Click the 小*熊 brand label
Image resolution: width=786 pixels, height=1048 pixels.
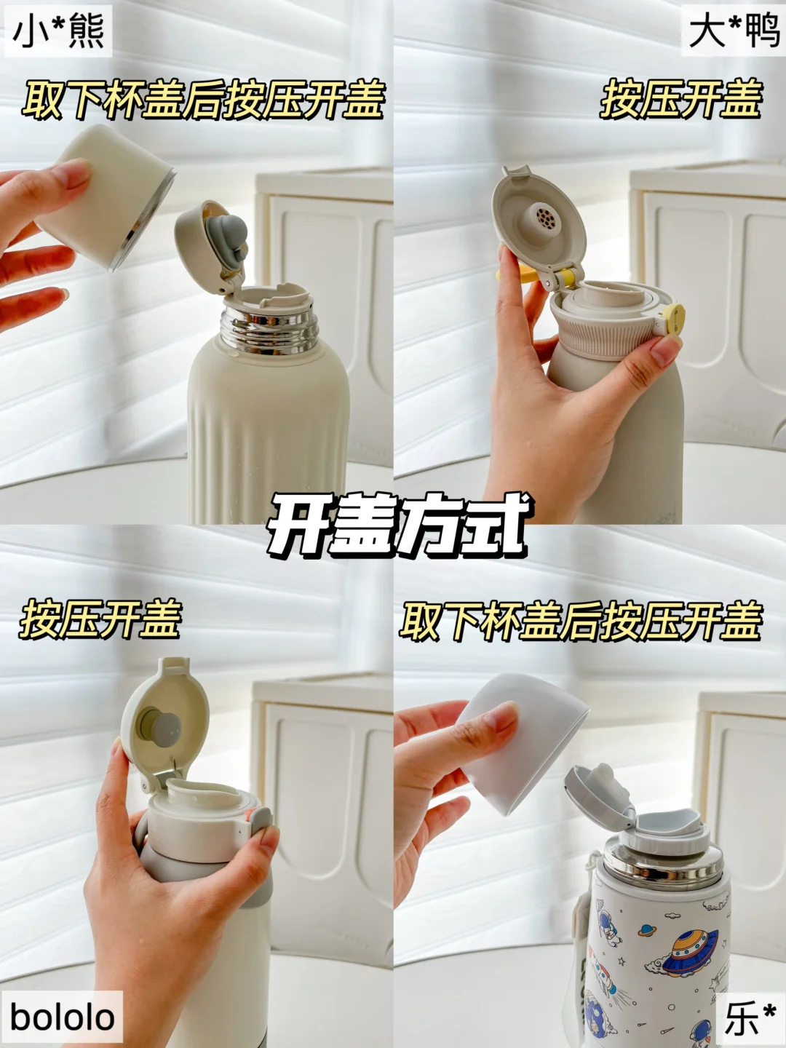coord(58,31)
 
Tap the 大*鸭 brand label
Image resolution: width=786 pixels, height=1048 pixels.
coord(734,31)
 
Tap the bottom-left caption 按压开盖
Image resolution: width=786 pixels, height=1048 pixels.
coord(100,620)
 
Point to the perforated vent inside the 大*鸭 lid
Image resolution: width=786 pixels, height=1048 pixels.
coord(544,218)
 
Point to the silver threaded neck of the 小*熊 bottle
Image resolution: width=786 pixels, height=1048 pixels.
coord(269,330)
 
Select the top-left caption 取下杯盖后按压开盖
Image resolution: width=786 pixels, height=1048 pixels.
coord(204,99)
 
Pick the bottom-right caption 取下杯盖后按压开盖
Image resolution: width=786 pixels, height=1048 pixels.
coord(581,620)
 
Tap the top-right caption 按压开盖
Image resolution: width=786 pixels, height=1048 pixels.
coord(681,99)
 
